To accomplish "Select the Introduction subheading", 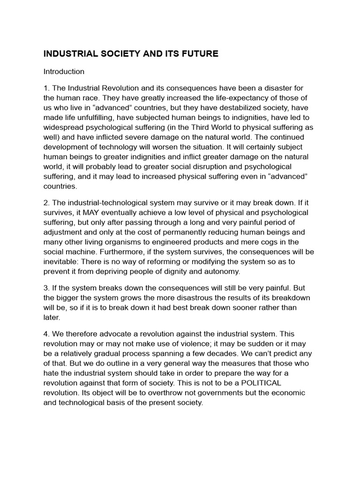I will click(x=64, y=72).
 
